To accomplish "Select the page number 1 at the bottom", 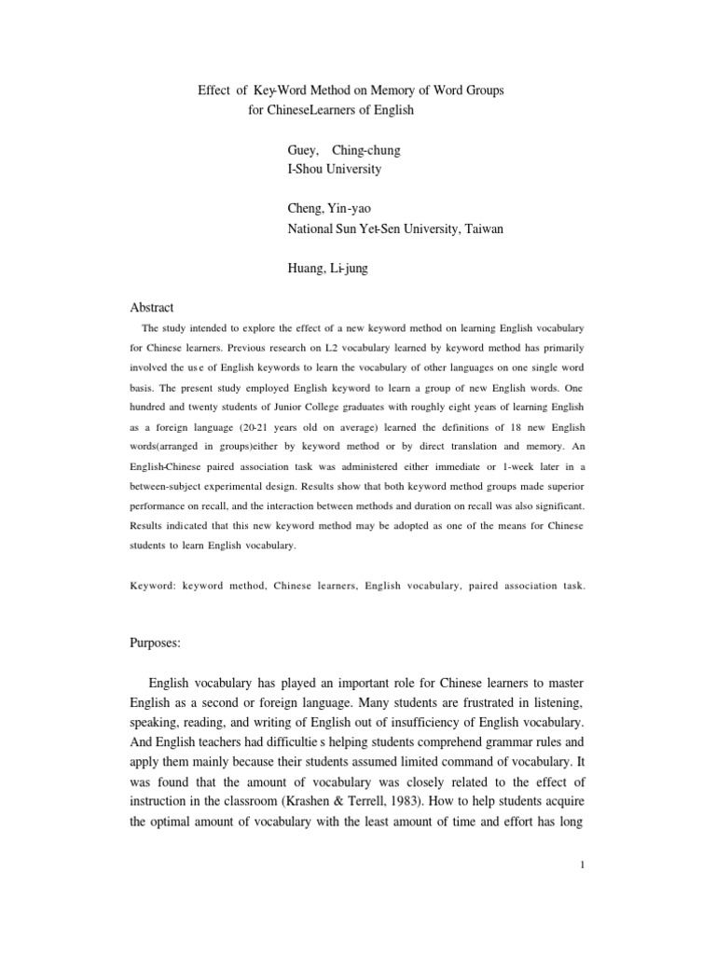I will [582, 865].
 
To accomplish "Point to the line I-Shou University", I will [335, 170].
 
